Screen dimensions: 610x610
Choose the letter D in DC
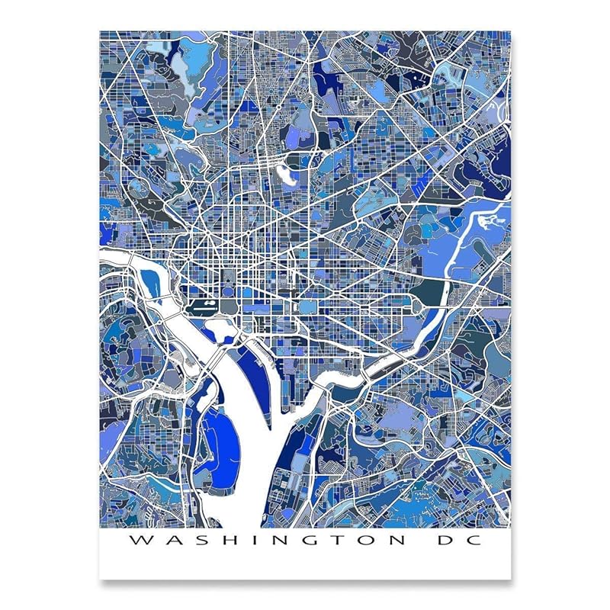click(x=441, y=541)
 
